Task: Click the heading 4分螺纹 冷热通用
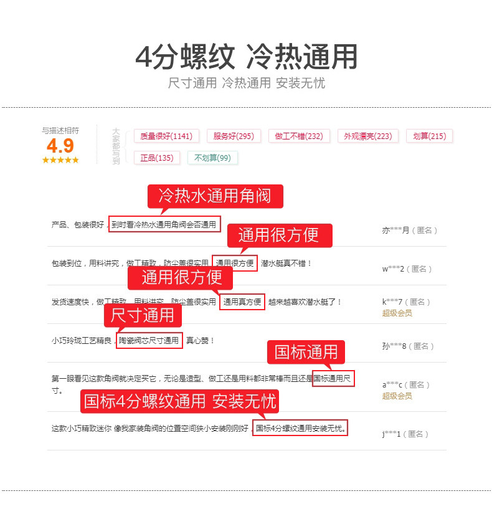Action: [246, 57]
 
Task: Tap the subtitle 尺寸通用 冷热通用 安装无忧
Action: [246, 83]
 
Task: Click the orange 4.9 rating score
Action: [60, 146]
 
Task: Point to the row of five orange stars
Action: [60, 160]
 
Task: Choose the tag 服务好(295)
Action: [233, 136]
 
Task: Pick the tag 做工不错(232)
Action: [299, 136]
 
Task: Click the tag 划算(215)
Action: [429, 136]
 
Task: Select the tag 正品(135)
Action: [157, 158]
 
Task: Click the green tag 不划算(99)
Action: [212, 158]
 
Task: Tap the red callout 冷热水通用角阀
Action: [215, 196]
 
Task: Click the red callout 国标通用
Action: [306, 352]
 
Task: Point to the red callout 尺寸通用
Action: [143, 316]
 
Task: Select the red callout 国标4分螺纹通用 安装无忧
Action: [179, 401]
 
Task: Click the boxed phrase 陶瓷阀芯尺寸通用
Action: [149, 341]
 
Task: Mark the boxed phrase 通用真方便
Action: [242, 302]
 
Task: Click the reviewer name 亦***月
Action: [395, 230]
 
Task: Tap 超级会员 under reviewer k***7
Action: [397, 313]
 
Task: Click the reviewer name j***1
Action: [391, 434]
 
